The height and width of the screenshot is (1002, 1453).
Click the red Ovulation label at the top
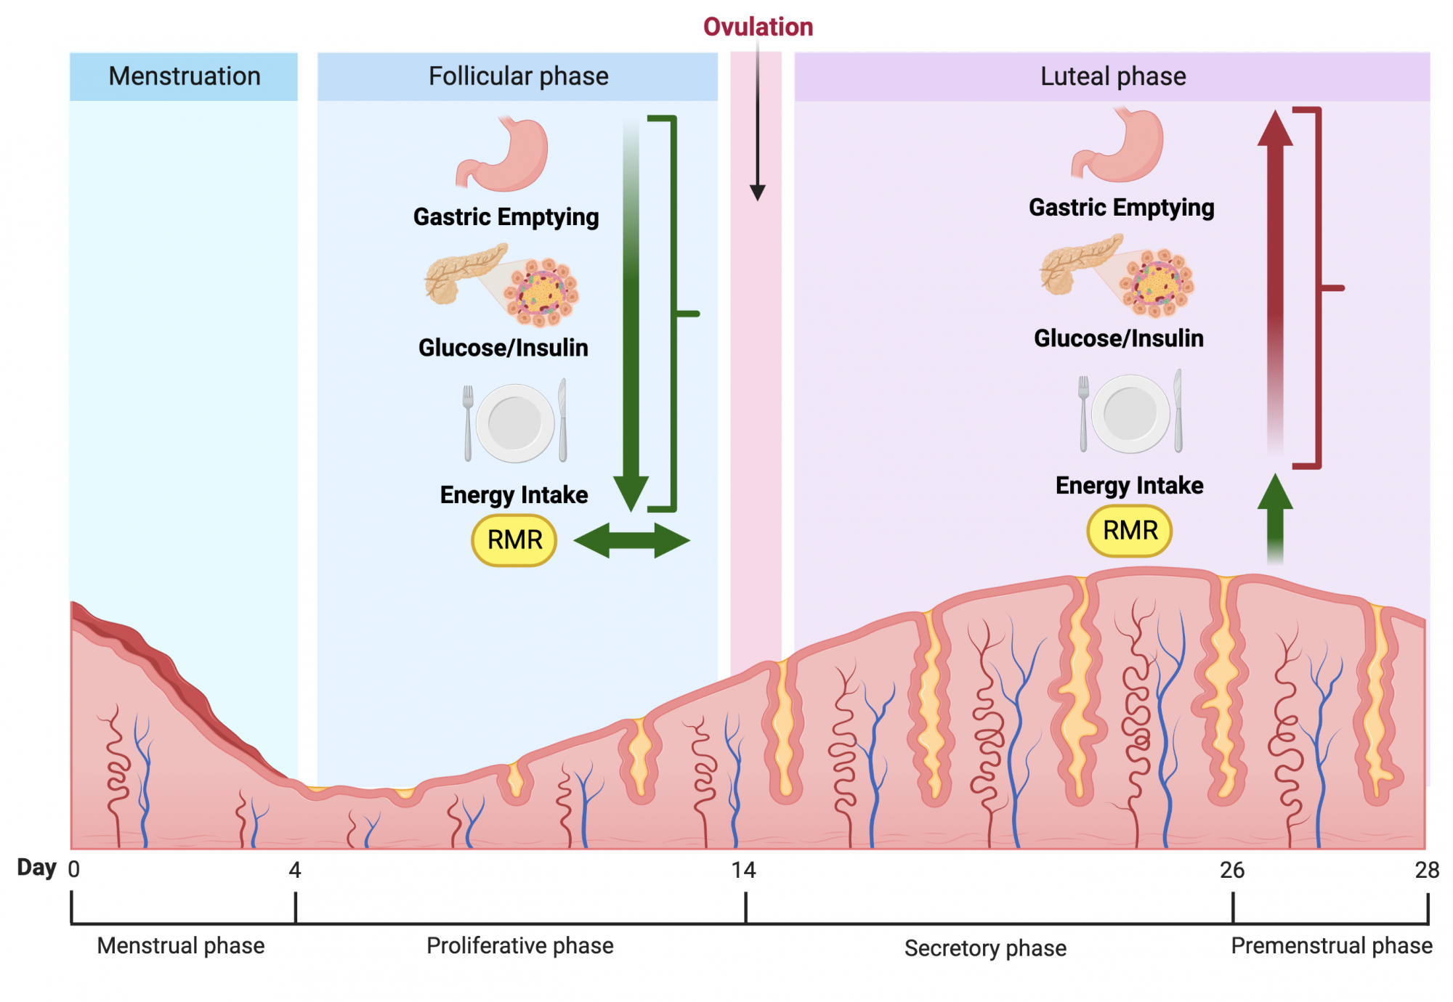click(x=758, y=27)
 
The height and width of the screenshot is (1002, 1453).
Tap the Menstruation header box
click(x=184, y=76)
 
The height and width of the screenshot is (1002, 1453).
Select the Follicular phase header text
click(x=518, y=76)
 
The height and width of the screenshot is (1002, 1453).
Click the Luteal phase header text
click(x=1113, y=76)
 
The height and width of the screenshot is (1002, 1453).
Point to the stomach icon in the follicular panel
click(x=502, y=154)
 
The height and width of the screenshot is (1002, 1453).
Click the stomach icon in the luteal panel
click(x=1117, y=144)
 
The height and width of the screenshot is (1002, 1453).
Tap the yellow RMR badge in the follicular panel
click(x=514, y=540)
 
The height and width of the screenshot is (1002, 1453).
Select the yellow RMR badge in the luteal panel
click(x=1130, y=531)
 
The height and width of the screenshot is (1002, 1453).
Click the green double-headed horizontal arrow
click(x=632, y=540)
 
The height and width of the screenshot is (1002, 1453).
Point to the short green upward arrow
click(x=1275, y=519)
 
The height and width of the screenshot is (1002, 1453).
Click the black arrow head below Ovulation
click(x=758, y=192)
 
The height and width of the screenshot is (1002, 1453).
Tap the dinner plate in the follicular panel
click(x=515, y=423)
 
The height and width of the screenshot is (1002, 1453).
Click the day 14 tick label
click(x=743, y=870)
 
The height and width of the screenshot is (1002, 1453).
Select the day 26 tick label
click(x=1232, y=870)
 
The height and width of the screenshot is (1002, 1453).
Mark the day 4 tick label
click(x=295, y=870)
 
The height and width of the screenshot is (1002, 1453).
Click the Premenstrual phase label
click(x=1332, y=945)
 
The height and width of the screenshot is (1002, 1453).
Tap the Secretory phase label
click(x=985, y=948)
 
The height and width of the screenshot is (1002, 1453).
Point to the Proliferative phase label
click(x=520, y=945)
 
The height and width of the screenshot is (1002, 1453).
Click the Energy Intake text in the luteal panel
click(x=1129, y=485)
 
